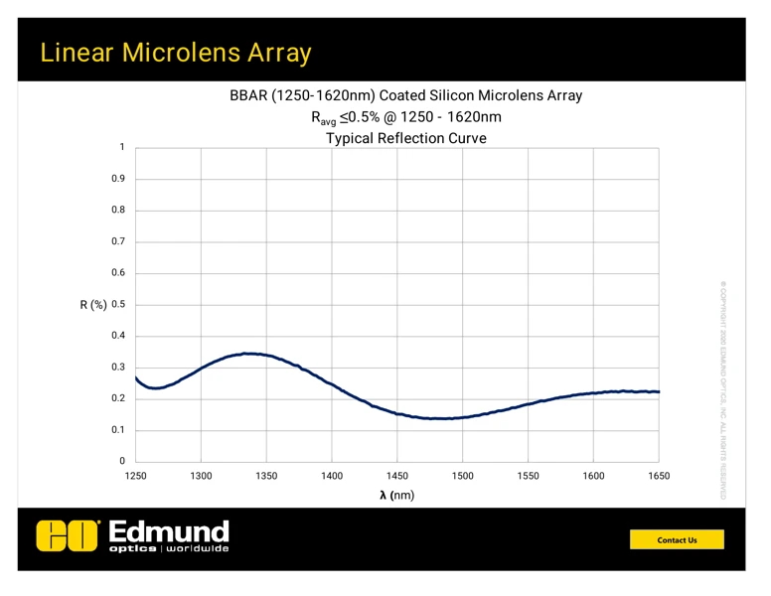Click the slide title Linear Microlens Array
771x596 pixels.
[x=176, y=52]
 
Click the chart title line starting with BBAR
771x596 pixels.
[x=405, y=96]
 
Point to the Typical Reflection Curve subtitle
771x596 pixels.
[x=405, y=138]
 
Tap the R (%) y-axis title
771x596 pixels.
[x=93, y=305]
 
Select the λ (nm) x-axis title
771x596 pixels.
[x=396, y=495]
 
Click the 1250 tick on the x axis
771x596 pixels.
[x=136, y=477]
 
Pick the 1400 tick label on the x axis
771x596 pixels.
[x=332, y=477]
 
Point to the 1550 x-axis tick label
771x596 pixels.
[x=528, y=477]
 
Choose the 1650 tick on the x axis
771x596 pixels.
[x=659, y=477]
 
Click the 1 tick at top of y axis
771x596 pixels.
[x=121, y=148]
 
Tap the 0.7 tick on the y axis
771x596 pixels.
[x=117, y=242]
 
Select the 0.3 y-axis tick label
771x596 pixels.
[x=117, y=368]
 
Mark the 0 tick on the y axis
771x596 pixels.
[x=121, y=462]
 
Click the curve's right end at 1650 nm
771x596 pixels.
[x=658, y=391]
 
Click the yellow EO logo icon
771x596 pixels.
[x=69, y=536]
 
